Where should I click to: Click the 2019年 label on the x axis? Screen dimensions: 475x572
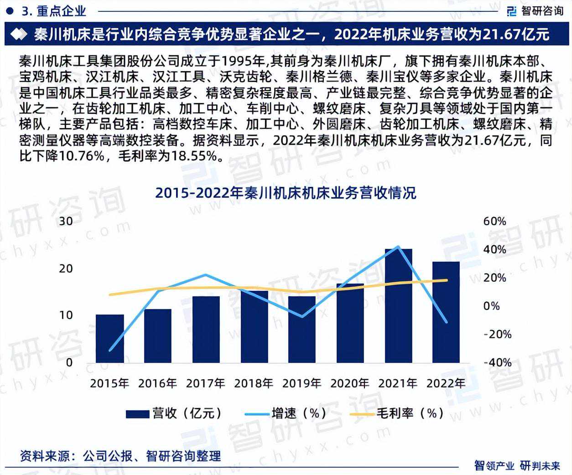(302, 383)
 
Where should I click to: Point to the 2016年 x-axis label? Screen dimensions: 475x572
(157, 383)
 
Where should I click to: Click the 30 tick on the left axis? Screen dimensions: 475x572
(66, 221)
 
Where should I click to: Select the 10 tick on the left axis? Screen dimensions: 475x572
(66, 315)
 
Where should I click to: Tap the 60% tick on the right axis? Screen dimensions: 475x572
(494, 221)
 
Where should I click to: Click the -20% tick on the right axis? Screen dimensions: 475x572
(497, 334)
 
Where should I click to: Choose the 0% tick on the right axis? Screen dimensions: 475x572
(492, 306)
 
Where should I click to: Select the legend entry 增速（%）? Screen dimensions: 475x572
(286, 413)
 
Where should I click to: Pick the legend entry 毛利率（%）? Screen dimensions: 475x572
(397, 413)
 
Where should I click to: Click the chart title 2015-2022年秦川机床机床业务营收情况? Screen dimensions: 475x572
(286, 193)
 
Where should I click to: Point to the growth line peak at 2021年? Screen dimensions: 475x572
(398, 247)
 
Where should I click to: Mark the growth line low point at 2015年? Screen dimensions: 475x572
(109, 350)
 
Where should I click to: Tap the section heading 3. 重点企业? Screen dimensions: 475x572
(53, 11)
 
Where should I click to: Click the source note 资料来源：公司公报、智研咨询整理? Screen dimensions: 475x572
(120, 455)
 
